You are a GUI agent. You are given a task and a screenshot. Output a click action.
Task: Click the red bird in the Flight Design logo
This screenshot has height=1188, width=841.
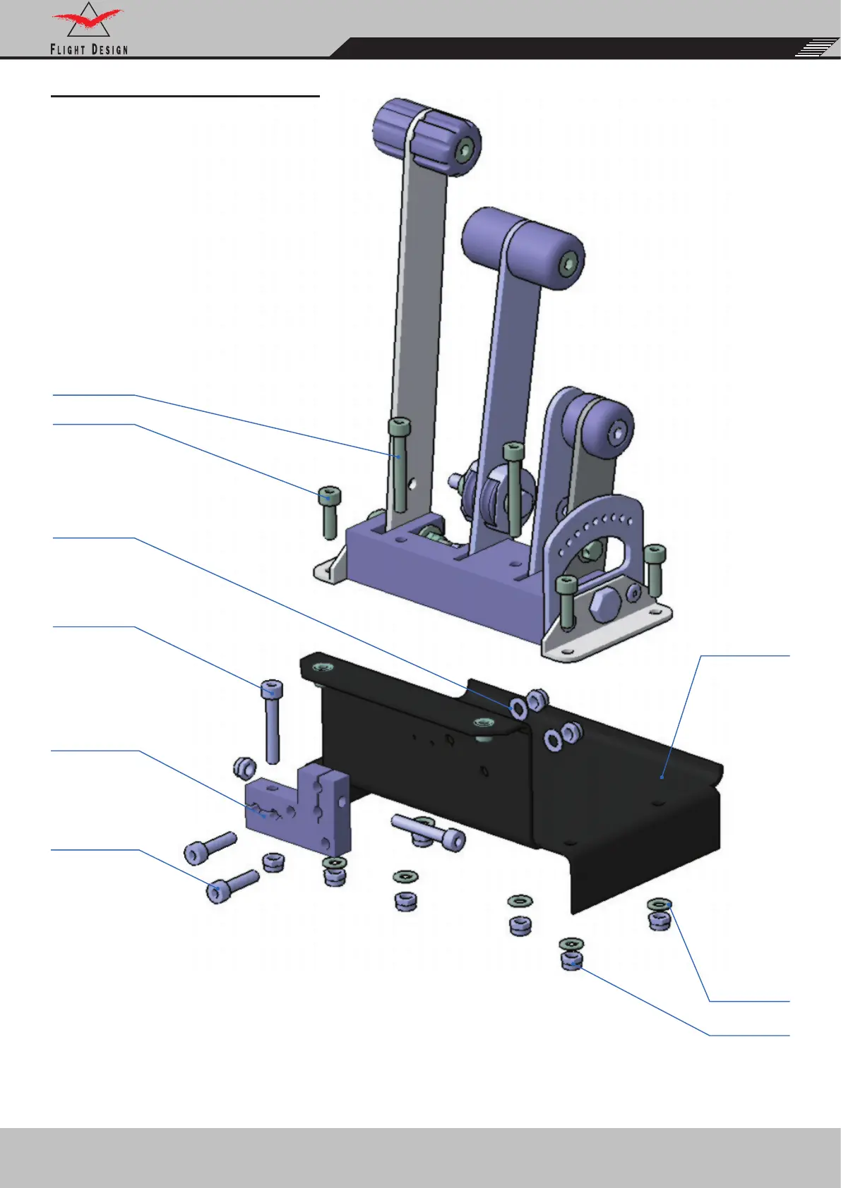pyautogui.click(x=87, y=20)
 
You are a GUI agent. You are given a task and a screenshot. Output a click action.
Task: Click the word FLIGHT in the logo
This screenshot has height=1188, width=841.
pyautogui.click(x=68, y=50)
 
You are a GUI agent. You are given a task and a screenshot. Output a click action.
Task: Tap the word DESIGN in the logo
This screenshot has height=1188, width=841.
pyautogui.click(x=109, y=50)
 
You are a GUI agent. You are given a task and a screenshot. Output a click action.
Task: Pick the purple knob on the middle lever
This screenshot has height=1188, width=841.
pyautogui.click(x=523, y=248)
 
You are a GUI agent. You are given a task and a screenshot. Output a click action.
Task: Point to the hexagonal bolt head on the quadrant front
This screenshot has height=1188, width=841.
pyautogui.click(x=604, y=606)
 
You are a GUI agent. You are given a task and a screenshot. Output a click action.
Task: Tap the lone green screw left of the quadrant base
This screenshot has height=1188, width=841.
pyautogui.click(x=329, y=512)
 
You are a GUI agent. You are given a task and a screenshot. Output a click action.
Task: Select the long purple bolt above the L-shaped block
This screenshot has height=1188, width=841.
pyautogui.click(x=272, y=722)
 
